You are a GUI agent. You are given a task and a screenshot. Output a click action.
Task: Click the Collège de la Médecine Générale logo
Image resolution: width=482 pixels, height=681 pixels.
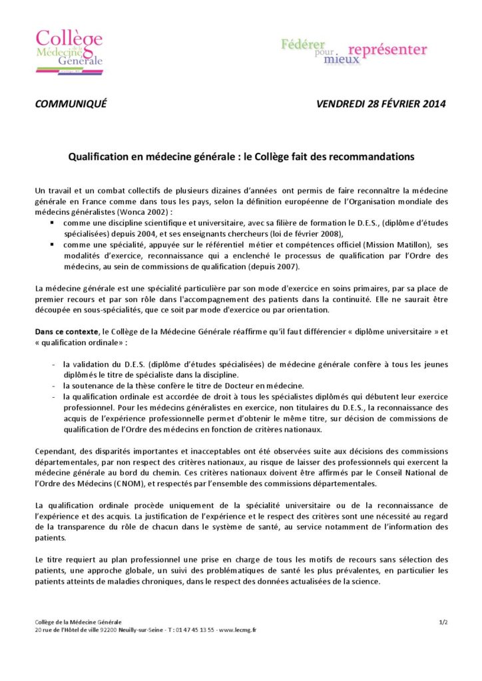pyautogui.click(x=69, y=49)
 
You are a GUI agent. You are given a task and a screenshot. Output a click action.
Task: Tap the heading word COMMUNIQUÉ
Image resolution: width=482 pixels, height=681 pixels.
pyautogui.click(x=71, y=104)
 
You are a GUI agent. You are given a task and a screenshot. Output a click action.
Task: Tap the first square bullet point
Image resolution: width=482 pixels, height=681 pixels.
pyautogui.click(x=52, y=223)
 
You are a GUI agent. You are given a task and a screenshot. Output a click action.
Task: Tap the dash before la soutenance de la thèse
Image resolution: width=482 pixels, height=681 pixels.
pyautogui.click(x=53, y=386)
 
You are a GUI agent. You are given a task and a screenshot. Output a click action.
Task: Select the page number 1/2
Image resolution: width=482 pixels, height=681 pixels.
pyautogui.click(x=442, y=622)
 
